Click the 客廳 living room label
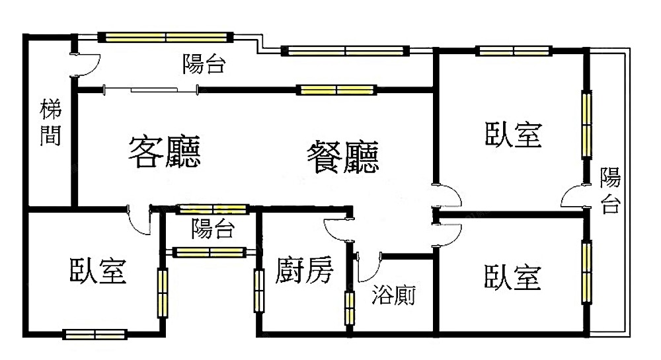coord(165,153)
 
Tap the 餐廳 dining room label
coord(342,157)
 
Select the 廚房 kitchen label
coord(305,271)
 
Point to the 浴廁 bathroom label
coord(394,295)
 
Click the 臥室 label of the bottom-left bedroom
coord(98,271)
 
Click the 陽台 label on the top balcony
coord(204,64)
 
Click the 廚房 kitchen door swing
coord(336,229)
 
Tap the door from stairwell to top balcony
coord(86,63)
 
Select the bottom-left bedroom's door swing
coord(141,221)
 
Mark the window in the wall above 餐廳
coord(336,90)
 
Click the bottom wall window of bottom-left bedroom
coord(95,334)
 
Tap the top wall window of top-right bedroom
coord(514,50)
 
